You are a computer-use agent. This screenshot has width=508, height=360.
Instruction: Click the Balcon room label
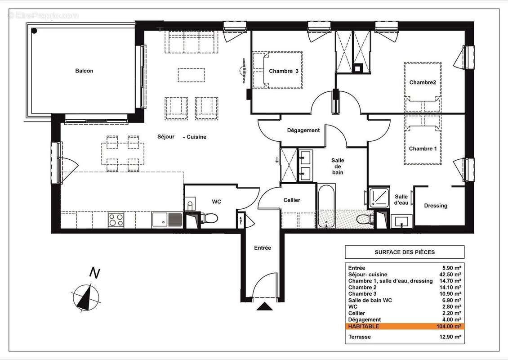(84, 71)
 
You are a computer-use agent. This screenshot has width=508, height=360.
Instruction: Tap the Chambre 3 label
(284, 71)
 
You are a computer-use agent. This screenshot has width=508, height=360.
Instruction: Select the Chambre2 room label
(423, 82)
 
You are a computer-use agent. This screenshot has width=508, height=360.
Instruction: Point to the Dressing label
(436, 206)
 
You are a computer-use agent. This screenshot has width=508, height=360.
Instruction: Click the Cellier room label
(292, 200)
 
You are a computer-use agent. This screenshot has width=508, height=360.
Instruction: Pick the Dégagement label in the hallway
(303, 130)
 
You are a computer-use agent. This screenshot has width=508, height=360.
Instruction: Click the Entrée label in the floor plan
(263, 248)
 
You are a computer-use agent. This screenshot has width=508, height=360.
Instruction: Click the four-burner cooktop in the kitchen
(116, 220)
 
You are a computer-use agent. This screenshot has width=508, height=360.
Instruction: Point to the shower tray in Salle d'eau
(378, 197)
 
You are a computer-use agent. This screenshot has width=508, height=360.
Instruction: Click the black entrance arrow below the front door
(264, 307)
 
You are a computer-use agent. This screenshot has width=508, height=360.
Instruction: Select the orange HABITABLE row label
(363, 326)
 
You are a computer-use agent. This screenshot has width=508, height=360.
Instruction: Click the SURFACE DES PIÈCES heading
(405, 252)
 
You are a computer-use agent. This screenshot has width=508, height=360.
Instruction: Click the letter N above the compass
(94, 273)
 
